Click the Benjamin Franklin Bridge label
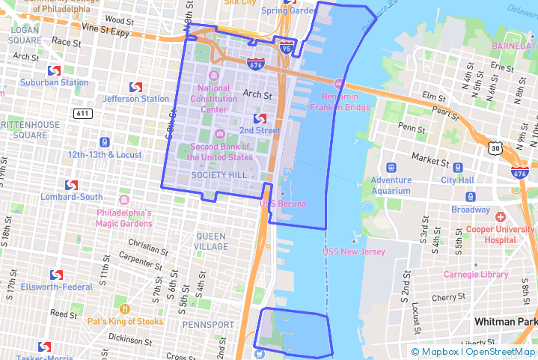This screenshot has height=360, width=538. (346, 102)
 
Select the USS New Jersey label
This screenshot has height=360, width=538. (354, 251)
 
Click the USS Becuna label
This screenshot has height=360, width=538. (282, 204)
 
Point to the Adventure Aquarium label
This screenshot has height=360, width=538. (391, 185)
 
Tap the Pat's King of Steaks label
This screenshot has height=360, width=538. (125, 322)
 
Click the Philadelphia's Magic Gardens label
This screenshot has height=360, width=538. (124, 218)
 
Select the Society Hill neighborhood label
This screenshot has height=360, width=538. (218, 174)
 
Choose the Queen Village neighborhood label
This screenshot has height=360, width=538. (211, 241)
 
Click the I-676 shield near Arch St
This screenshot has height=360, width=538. (255, 64)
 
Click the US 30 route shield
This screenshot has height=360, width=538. (495, 148)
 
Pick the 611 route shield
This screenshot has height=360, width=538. (83, 113)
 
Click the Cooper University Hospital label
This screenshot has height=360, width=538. (490, 234)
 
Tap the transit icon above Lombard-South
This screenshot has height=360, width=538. (72, 185)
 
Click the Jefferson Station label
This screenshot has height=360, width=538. (136, 99)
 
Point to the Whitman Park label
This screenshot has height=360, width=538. (506, 321)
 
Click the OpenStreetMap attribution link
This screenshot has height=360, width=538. (501, 352)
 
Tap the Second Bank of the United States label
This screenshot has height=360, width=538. (220, 152)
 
